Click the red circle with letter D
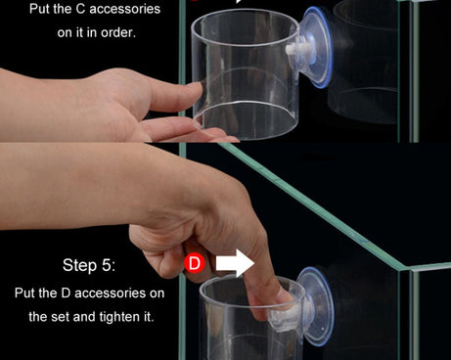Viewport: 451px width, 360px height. tap(195, 263)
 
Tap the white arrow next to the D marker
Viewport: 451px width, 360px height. tap(235, 263)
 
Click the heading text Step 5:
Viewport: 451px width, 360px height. tap(89, 265)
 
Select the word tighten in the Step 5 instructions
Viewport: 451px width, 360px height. tap(119, 317)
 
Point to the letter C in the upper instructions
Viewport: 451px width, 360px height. tap(80, 9)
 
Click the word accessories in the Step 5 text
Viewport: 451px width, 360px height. tap(111, 293)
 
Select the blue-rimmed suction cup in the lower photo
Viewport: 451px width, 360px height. tap(315, 306)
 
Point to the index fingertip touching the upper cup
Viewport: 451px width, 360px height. tap(195, 88)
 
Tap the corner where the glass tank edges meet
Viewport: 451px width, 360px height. tap(405, 269)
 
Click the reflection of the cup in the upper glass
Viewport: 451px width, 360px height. tap(364, 62)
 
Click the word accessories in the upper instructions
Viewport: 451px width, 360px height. tap(124, 9)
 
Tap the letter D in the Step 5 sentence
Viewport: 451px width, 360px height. tap(66, 293)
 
